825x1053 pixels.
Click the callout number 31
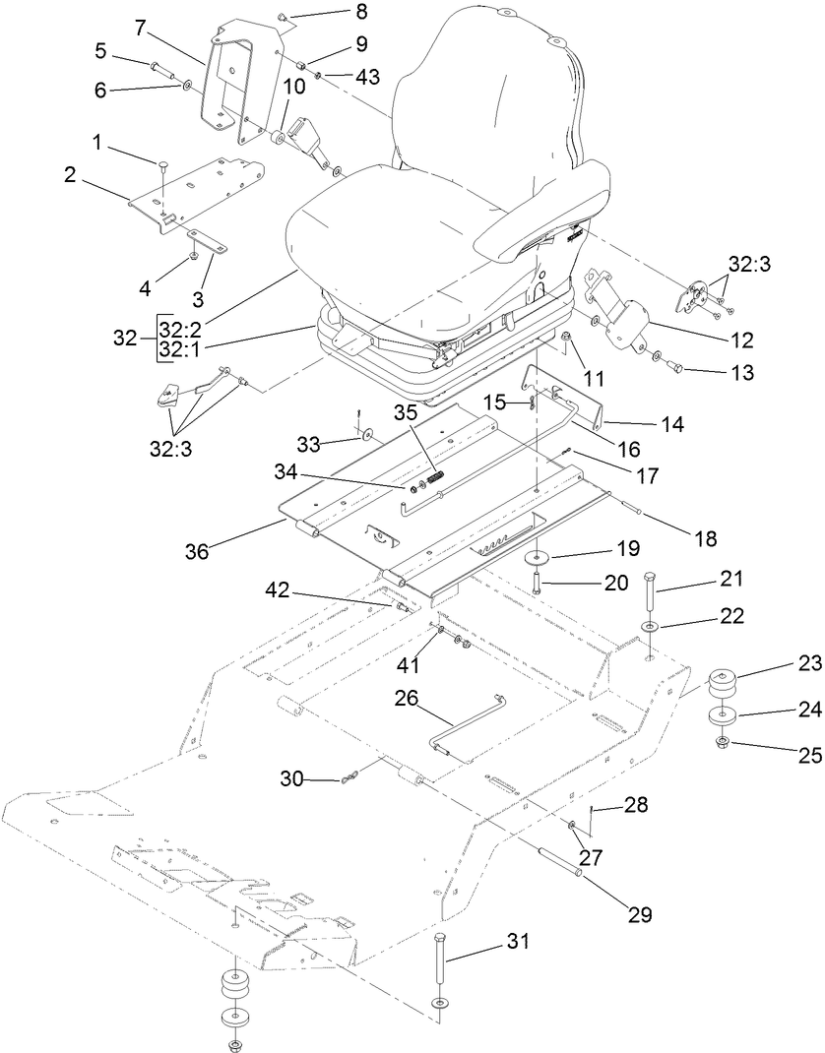click(518, 941)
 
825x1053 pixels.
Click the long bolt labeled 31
click(439, 970)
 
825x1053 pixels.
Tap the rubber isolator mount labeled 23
click(723, 682)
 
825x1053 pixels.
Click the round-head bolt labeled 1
click(163, 165)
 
